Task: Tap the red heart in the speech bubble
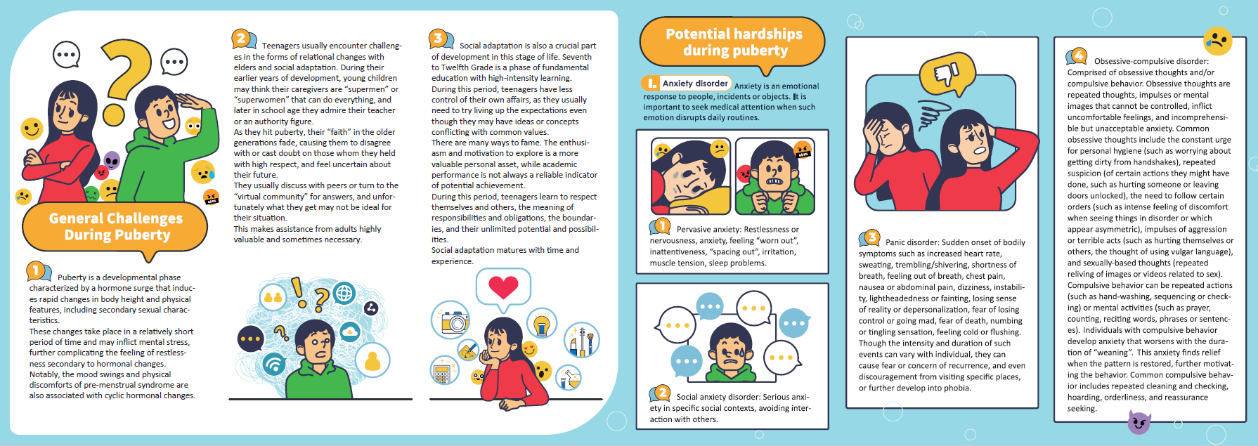503,287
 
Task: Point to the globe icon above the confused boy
344,293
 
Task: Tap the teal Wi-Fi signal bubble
274,363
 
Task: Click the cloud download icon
349,331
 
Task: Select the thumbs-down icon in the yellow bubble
946,73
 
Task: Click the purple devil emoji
1139,421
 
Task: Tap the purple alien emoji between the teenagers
112,161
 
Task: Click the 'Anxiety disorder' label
694,83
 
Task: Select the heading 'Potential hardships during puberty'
734,42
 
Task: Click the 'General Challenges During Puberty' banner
116,227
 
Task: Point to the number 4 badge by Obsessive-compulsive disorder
1077,55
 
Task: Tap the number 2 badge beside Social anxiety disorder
661,393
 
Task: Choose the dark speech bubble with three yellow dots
251,339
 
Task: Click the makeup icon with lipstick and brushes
581,340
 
